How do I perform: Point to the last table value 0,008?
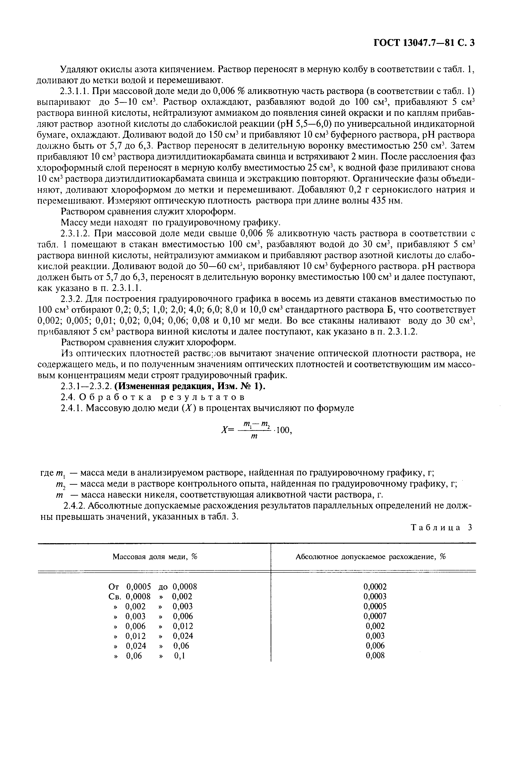[x=375, y=655]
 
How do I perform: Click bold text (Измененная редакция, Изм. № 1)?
[x=190, y=386]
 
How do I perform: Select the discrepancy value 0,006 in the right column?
[x=375, y=646]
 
